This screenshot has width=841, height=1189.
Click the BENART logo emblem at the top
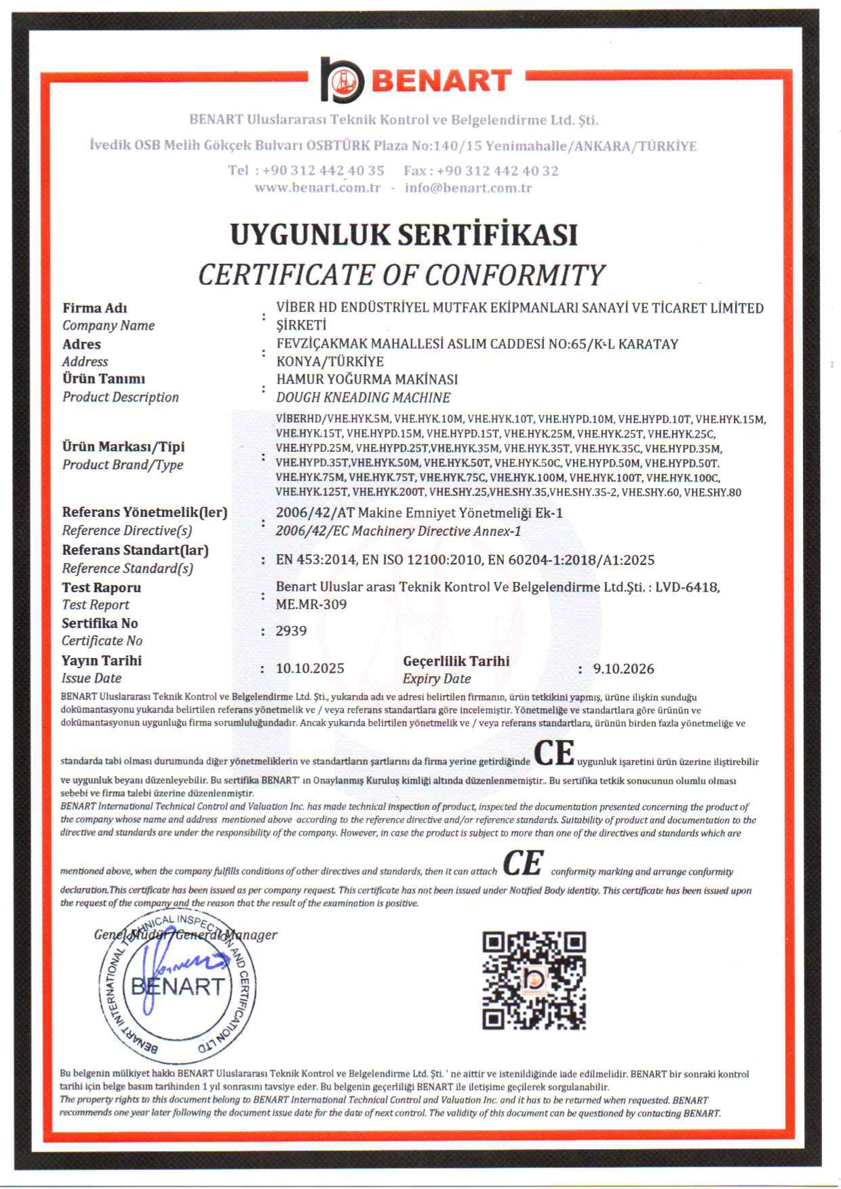(x=342, y=80)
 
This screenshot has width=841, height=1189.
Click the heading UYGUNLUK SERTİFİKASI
(x=404, y=235)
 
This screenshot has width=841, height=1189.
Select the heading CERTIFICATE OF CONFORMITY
(x=401, y=275)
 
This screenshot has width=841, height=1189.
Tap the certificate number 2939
(x=292, y=631)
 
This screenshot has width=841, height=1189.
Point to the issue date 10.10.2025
(x=310, y=669)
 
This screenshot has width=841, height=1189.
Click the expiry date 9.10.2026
(x=623, y=669)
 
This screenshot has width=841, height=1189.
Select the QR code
(x=534, y=980)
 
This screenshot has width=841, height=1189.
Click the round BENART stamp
(x=178, y=987)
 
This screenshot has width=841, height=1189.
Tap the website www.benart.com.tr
(x=317, y=188)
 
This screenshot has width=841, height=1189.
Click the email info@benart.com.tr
(x=468, y=188)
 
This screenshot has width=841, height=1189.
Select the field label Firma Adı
(x=95, y=308)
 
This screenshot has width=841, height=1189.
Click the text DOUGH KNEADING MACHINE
(x=364, y=397)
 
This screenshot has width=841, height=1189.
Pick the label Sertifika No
(x=100, y=623)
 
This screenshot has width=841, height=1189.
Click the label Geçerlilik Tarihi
(x=456, y=661)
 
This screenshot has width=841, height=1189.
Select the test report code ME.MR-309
(x=311, y=604)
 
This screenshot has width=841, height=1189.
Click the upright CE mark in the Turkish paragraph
(x=554, y=753)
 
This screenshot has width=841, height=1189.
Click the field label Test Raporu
(x=102, y=587)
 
